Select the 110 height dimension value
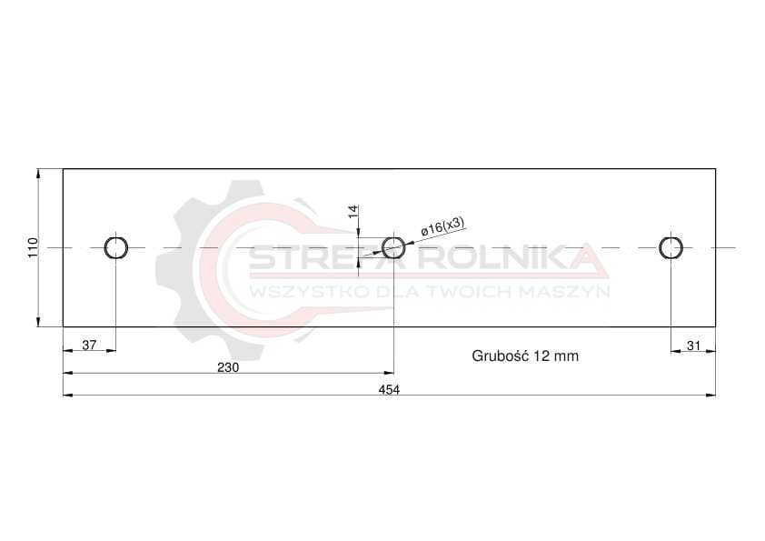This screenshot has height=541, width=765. pyautogui.click(x=33, y=248)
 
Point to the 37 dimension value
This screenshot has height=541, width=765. pyautogui.click(x=89, y=346)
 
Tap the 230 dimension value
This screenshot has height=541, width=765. pyautogui.click(x=228, y=367)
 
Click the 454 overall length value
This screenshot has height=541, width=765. pyautogui.click(x=389, y=390)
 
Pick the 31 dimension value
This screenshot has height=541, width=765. pyautogui.click(x=693, y=346)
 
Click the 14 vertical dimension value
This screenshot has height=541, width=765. pyautogui.click(x=353, y=212)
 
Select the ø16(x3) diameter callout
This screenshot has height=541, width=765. pyautogui.click(x=442, y=226)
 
